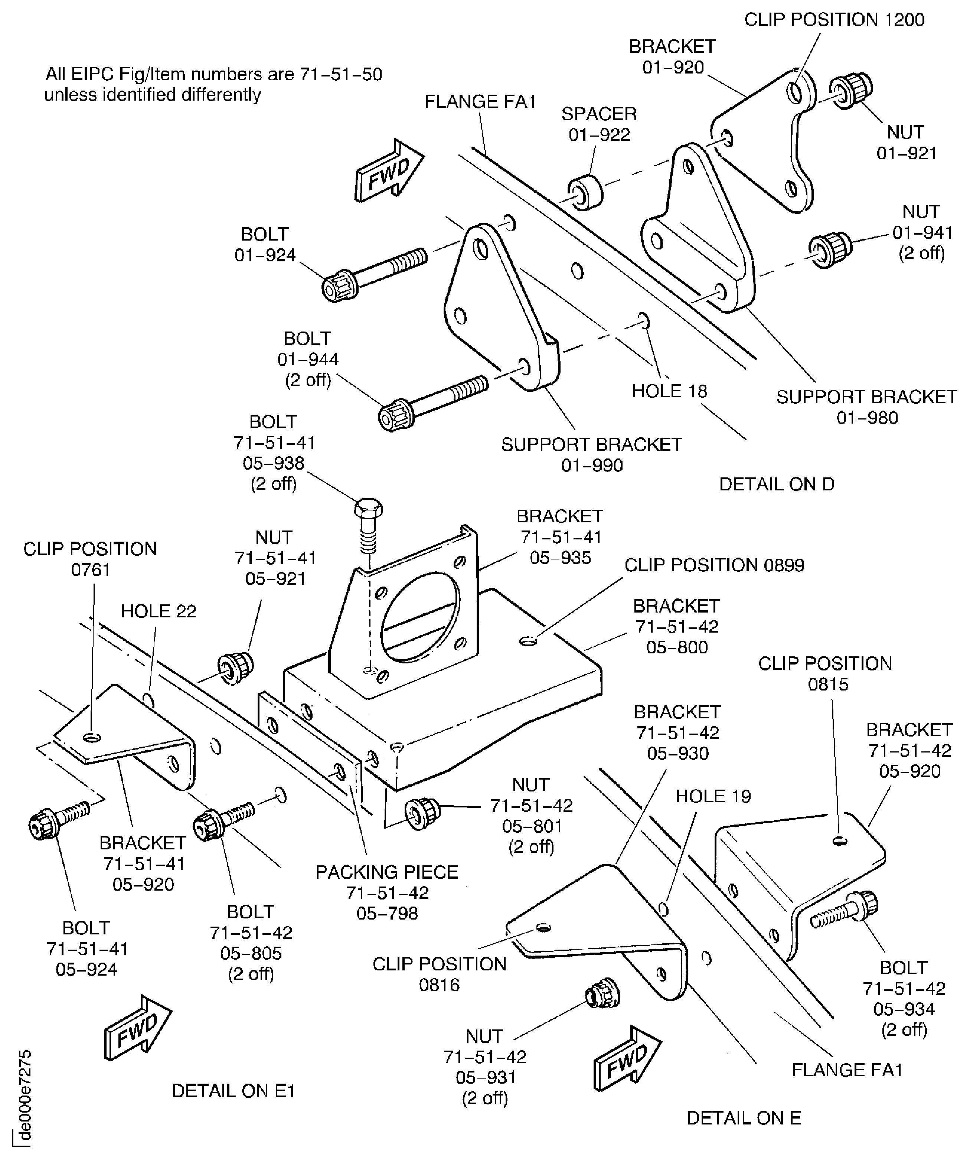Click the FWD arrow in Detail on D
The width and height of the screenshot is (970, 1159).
pos(389,172)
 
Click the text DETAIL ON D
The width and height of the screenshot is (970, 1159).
pos(776,484)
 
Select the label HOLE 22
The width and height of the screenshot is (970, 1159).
pos(159,611)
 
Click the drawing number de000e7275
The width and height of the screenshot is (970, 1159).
pos(24,1096)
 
